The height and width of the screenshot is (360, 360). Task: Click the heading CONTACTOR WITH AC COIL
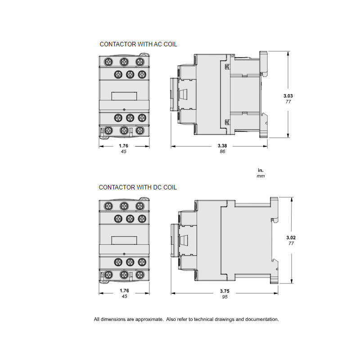[138, 44]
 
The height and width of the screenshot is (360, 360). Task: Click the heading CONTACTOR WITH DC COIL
[138, 187]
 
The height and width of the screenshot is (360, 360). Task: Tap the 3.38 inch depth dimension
[222, 146]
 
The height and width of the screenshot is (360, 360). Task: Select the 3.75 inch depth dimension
[222, 291]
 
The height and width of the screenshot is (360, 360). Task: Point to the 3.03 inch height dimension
[288, 96]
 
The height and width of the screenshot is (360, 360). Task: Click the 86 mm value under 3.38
[222, 152]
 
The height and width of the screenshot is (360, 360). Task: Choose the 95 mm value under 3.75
[222, 297]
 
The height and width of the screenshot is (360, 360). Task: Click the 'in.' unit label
[261, 170]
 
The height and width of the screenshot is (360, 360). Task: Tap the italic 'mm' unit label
[261, 176]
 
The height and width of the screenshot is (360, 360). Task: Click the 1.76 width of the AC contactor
[124, 146]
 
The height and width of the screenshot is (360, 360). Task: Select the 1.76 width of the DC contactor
[124, 291]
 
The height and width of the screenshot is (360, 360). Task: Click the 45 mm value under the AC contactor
[124, 152]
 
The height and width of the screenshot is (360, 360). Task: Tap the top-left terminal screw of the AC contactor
[108, 61]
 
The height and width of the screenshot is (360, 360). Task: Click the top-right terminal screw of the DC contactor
[139, 206]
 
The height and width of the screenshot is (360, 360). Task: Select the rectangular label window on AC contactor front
[124, 95]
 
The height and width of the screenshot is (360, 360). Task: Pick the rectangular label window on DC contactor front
[124, 240]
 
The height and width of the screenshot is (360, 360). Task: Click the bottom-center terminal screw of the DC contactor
[124, 274]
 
